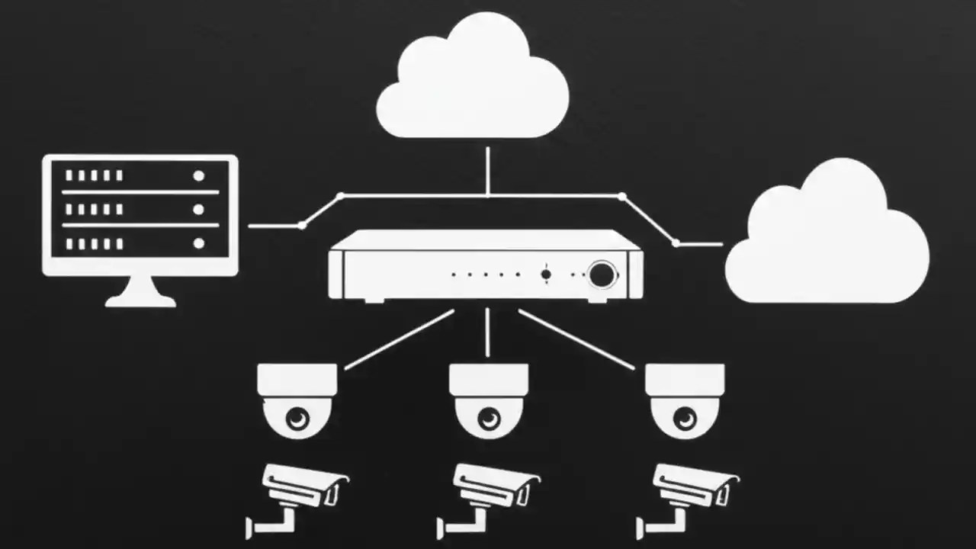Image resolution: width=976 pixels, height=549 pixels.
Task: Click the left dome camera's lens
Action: click(297, 417)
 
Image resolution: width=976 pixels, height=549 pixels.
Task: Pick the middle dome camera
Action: click(488, 400)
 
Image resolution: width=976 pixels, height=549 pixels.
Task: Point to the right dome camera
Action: click(685, 400)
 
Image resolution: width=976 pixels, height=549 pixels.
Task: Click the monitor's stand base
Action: click(140, 300)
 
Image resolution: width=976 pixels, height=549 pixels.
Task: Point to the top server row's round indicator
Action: click(199, 175)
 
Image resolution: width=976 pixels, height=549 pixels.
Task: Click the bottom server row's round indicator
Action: click(199, 243)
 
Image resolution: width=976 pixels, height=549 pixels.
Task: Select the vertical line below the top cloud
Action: click(487, 169)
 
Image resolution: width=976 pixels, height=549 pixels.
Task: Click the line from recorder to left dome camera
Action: click(399, 339)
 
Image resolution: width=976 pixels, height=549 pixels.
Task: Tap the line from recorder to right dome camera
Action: click(576, 339)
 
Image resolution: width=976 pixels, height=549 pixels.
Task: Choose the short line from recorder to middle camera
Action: click(487, 332)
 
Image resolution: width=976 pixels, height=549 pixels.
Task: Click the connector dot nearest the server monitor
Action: click(303, 225)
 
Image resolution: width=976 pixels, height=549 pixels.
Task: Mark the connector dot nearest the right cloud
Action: click(676, 243)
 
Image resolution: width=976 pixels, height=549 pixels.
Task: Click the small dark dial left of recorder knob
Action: click(546, 274)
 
